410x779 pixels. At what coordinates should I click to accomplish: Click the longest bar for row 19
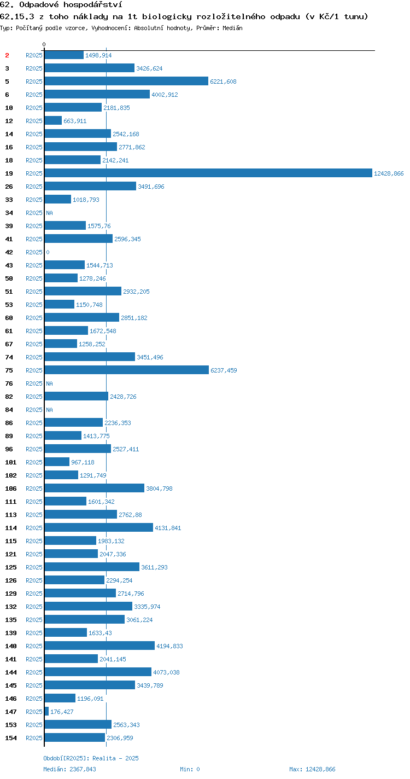(x=208, y=173)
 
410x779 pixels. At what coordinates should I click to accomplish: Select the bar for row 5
(x=126, y=82)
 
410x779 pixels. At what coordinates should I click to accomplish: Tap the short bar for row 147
(x=46, y=712)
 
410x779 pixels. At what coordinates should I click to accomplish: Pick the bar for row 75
(x=127, y=370)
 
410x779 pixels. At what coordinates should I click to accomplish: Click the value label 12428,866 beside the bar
(x=389, y=173)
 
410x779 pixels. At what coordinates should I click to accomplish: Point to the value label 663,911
(x=75, y=121)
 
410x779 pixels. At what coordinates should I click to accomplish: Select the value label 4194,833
(x=169, y=646)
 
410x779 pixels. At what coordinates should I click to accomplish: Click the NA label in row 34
(x=49, y=213)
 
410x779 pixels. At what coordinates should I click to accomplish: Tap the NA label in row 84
(x=49, y=410)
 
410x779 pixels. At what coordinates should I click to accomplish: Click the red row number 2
(x=7, y=55)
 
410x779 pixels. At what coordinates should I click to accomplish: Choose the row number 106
(x=11, y=489)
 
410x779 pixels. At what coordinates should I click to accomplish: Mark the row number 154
(x=11, y=737)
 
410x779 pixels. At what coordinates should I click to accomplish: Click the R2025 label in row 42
(x=34, y=252)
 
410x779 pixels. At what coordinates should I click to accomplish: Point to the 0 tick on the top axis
(x=44, y=44)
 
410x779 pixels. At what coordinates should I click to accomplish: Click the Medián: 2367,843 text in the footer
(x=69, y=769)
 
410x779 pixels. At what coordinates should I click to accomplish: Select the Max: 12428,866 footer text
(x=312, y=769)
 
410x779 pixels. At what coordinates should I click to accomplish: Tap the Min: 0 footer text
(x=190, y=769)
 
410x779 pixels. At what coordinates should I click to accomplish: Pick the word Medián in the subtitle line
(x=232, y=28)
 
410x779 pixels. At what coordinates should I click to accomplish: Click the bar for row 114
(x=99, y=527)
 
